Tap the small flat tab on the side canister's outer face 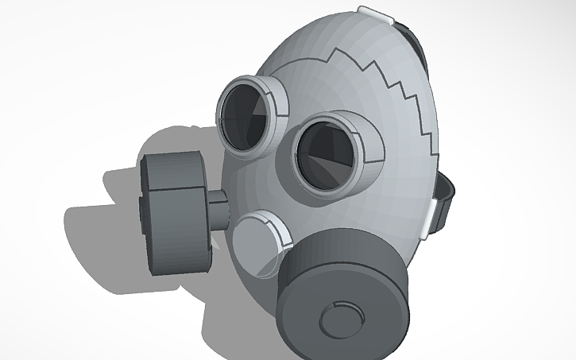[x=141, y=215]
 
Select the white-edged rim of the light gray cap [x=280, y=230]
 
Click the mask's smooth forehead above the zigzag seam [x=318, y=40]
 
